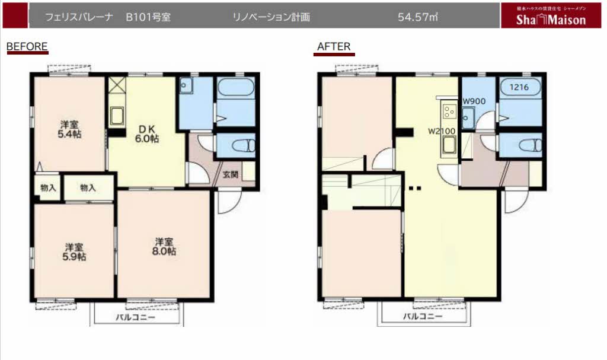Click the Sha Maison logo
[542, 17]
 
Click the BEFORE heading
[27, 46]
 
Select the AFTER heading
[334, 46]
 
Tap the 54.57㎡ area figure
[418, 17]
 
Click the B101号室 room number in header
[148, 17]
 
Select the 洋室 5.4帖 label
[70, 129]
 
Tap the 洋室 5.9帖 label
[74, 251]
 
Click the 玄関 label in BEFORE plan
[231, 175]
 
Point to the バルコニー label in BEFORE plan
[135, 317]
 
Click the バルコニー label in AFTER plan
[423, 316]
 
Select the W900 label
[474, 101]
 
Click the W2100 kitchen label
[442, 131]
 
